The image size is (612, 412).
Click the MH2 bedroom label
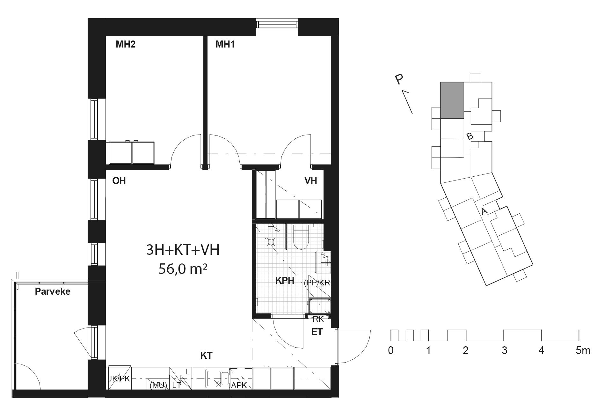(126, 44)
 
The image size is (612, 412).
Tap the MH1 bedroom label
(225, 44)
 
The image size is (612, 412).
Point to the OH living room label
(119, 181)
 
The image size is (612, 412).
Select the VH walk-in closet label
(311, 181)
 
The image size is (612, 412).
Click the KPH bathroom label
(285, 281)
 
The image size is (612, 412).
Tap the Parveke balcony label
(53, 291)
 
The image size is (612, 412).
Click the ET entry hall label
(317, 332)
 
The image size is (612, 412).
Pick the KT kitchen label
(207, 356)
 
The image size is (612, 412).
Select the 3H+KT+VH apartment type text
(183, 250)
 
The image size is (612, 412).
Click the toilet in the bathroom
(301, 236)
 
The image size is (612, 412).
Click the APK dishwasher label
(239, 385)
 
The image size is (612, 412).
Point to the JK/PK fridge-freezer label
(120, 379)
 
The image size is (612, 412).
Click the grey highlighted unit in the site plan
(452, 100)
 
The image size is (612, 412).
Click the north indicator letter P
(399, 80)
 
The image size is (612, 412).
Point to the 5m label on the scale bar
(583, 351)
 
